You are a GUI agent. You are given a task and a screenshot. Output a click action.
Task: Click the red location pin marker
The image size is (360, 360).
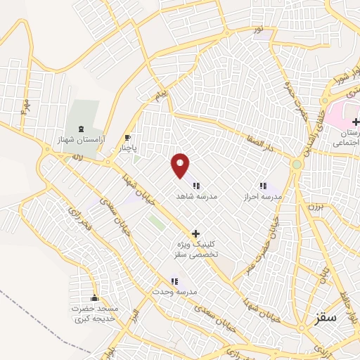(181, 165)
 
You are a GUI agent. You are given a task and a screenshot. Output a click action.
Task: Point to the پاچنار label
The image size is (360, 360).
(127, 149)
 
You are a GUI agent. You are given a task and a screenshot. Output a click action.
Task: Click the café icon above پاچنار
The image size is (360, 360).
(127, 138)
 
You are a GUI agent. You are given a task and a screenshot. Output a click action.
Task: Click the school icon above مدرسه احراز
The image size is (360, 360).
(262, 186)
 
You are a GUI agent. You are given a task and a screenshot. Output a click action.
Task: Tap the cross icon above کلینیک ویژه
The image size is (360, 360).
(195, 233)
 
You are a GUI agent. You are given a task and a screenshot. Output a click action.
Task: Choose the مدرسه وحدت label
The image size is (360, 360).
(177, 291)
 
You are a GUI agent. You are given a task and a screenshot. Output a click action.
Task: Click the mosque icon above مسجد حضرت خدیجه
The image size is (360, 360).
(95, 297)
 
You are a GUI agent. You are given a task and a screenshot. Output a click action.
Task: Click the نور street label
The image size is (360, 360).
(259, 29)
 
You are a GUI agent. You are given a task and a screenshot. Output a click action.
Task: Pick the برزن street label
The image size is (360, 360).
(313, 207)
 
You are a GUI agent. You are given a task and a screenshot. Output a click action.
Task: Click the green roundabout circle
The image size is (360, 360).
(297, 165)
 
